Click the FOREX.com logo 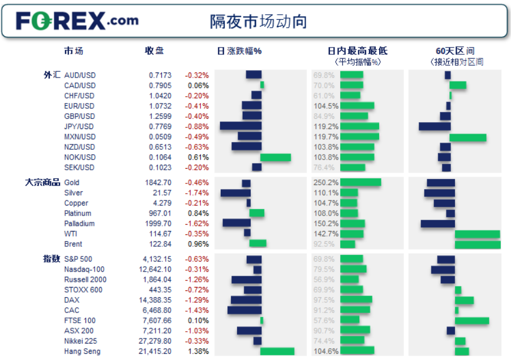pos(77,21)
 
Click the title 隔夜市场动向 pos(259,22)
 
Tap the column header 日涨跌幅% pos(239,51)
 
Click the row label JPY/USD pos(79,127)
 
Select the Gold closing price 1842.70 pos(158,183)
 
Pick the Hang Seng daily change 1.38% pos(198,352)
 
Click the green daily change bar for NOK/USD pos(276,157)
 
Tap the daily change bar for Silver pos(235,193)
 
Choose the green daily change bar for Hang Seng pos(277,352)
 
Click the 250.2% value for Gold pos(325,183)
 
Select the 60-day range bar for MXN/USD pos(468,137)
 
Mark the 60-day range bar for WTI pos(478,234)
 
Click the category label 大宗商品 pos(42,182)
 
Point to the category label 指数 pos(51,259)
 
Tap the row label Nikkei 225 pos(81,341)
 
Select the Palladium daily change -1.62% pos(197,224)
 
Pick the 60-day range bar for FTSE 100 pos(472,320)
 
